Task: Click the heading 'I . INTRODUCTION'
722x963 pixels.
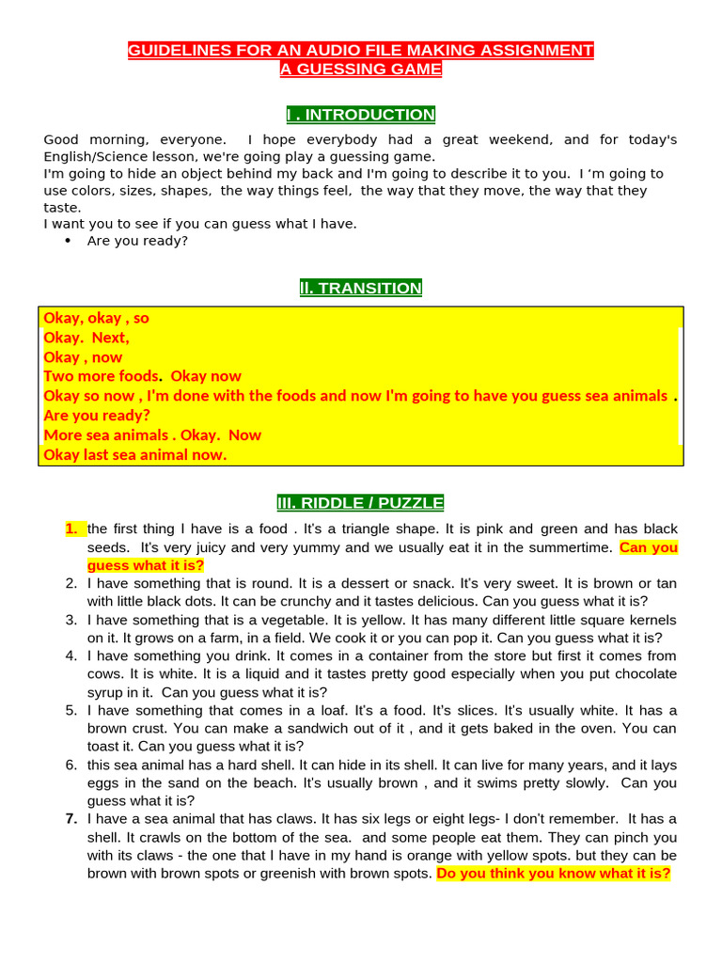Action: pyautogui.click(x=361, y=115)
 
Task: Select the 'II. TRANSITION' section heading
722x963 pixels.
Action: pyautogui.click(x=361, y=288)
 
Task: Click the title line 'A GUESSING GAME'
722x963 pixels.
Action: pyautogui.click(x=361, y=69)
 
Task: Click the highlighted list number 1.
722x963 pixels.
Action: pyautogui.click(x=72, y=529)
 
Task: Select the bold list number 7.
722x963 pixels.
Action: pyautogui.click(x=71, y=818)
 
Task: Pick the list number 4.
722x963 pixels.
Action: pyautogui.click(x=71, y=655)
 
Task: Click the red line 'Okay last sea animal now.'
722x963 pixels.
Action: pyautogui.click(x=135, y=455)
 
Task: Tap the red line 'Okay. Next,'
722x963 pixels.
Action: pyautogui.click(x=86, y=338)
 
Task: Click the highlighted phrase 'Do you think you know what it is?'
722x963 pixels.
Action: pyautogui.click(x=555, y=874)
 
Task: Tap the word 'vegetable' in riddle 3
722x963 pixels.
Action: pyautogui.click(x=245, y=620)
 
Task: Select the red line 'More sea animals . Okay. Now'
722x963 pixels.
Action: pyautogui.click(x=152, y=435)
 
